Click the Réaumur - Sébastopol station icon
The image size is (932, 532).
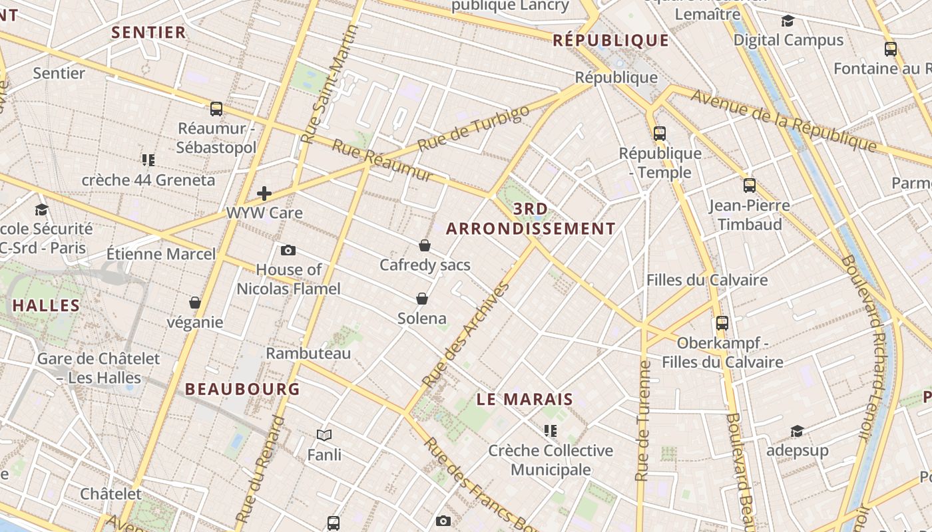(x=216, y=109)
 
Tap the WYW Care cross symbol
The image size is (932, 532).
(x=264, y=194)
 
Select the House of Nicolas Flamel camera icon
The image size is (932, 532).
(x=288, y=250)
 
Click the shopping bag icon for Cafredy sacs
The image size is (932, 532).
(x=425, y=245)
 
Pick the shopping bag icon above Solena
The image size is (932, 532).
(x=421, y=298)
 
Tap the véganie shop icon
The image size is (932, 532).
(x=195, y=303)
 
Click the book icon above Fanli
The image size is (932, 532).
(x=324, y=435)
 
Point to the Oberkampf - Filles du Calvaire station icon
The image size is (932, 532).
(x=722, y=323)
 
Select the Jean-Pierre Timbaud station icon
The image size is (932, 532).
(x=750, y=186)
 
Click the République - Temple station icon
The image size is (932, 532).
(x=660, y=134)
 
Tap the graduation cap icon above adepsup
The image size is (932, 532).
(x=797, y=432)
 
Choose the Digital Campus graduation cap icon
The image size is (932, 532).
(x=788, y=21)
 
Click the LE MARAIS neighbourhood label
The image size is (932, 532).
(x=525, y=400)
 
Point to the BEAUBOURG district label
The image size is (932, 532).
(x=242, y=389)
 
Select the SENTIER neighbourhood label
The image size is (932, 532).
(x=148, y=33)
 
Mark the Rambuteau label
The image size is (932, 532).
(x=308, y=353)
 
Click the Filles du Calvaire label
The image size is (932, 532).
(x=707, y=280)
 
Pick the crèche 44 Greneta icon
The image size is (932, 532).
(x=148, y=160)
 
